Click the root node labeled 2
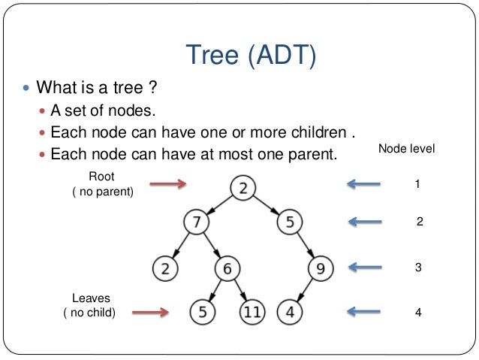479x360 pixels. point(243,188)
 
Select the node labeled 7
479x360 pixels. point(196,222)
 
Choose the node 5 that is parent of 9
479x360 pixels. point(289,222)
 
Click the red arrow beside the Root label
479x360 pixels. point(167,183)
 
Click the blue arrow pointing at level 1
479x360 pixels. point(366,183)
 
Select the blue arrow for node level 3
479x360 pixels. point(366,267)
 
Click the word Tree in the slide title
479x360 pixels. point(212,53)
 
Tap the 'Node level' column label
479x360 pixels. point(406,149)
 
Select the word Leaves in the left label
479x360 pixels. point(90,298)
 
